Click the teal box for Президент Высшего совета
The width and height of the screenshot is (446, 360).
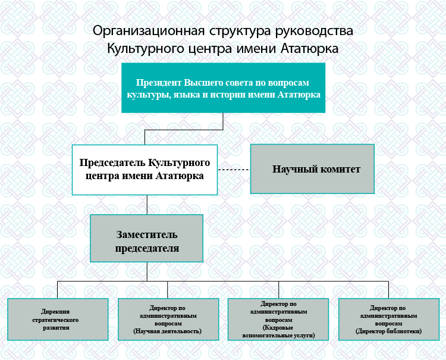(223, 88)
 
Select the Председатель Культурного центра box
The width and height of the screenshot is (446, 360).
(145, 170)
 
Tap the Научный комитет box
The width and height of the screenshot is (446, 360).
(312, 169)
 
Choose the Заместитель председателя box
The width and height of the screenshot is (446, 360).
(147, 238)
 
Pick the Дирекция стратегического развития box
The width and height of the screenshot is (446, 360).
(58, 320)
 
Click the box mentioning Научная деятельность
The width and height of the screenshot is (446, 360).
(168, 320)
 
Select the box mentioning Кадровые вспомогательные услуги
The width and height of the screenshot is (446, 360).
(278, 320)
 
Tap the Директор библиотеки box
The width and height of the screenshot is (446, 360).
(389, 320)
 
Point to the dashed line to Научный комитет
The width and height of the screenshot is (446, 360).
(234, 170)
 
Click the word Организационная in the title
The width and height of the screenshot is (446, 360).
(149, 31)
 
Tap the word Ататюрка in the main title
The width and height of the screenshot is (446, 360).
(309, 48)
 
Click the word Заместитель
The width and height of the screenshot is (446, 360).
(147, 235)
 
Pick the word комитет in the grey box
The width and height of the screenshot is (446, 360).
(340, 169)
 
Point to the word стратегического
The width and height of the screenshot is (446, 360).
(55, 320)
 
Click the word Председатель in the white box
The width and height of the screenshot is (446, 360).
(112, 163)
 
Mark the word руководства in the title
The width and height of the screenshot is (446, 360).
(315, 31)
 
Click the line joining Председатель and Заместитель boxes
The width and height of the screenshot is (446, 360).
(147, 205)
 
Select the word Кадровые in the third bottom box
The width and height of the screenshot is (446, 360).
(278, 327)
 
